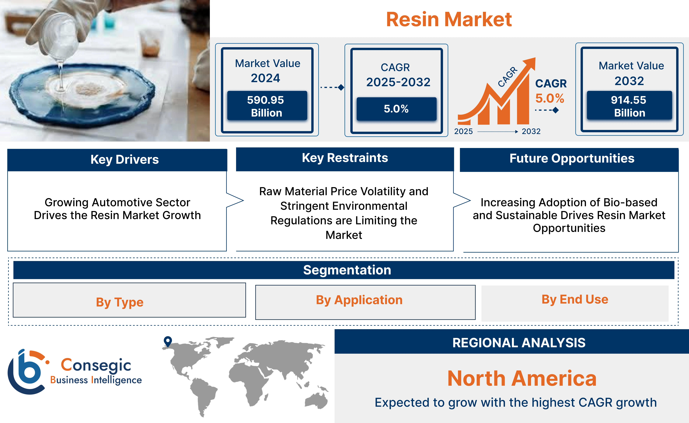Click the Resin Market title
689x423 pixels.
click(x=449, y=20)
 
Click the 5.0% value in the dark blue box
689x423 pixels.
click(x=396, y=109)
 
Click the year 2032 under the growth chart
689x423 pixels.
click(x=531, y=131)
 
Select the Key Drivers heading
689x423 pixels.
click(x=125, y=159)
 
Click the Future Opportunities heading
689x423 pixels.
click(x=572, y=158)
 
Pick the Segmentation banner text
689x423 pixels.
click(x=347, y=270)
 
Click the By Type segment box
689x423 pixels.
click(x=129, y=300)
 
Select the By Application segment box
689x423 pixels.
click(x=365, y=302)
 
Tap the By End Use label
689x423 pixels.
click(x=575, y=299)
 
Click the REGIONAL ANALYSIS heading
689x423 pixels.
click(x=519, y=343)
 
